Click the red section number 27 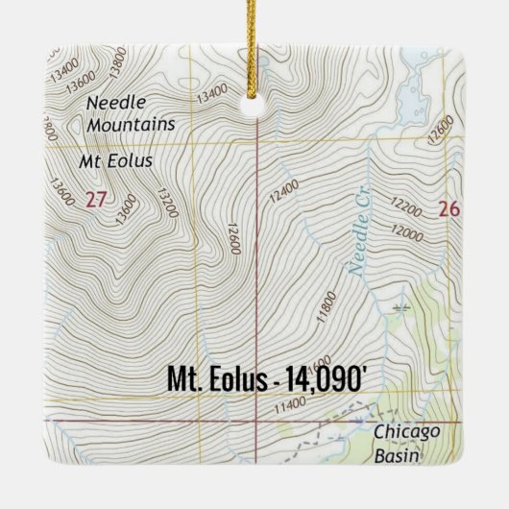pos(94,200)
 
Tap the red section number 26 pos(448,208)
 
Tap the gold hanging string pos(255,48)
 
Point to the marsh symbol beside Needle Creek pos(399,308)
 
